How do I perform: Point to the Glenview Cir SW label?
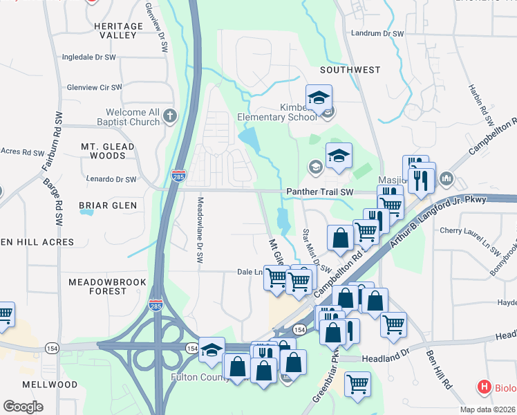(x=94, y=88)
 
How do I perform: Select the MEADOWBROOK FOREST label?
(x=97, y=286)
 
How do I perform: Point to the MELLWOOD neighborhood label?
(x=50, y=385)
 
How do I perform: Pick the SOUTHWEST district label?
(x=350, y=70)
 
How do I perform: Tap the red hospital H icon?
(x=485, y=387)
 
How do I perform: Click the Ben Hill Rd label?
(x=438, y=369)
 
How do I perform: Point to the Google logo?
(x=23, y=407)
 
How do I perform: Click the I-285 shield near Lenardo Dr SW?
(x=178, y=176)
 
